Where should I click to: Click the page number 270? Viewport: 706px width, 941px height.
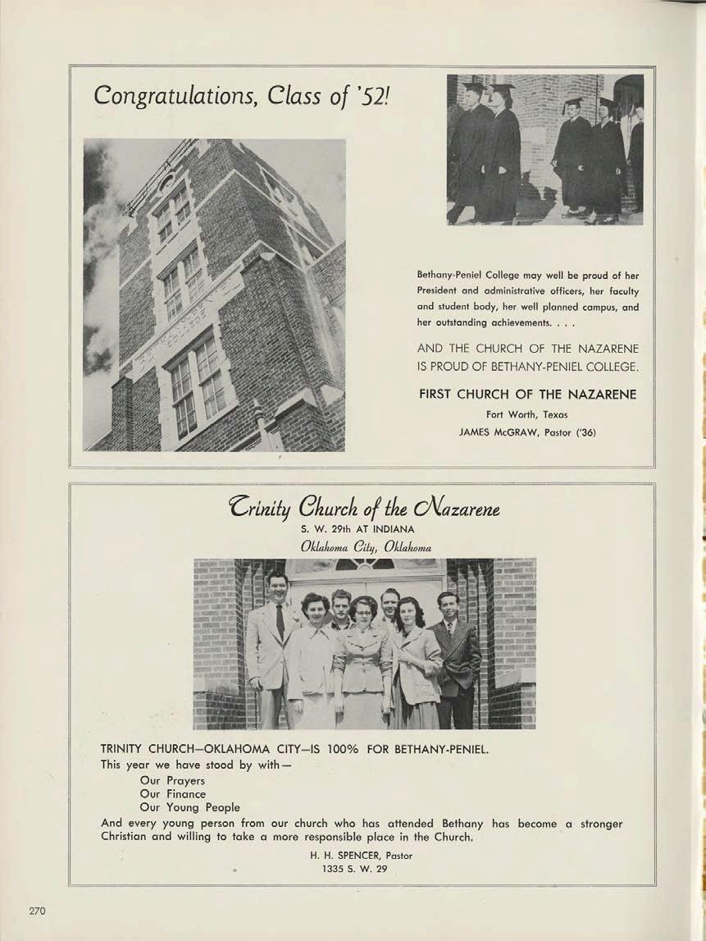click(x=38, y=911)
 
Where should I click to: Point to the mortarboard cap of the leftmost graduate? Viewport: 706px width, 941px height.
click(x=475, y=85)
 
